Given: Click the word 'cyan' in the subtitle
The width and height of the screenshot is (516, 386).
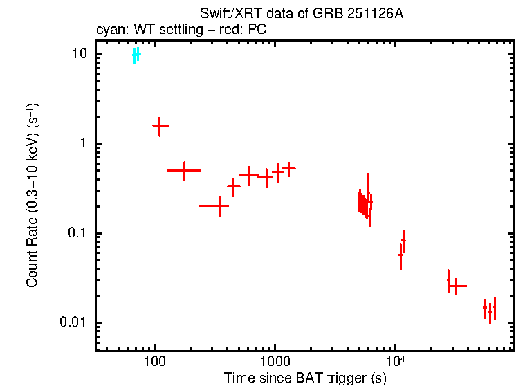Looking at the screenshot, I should (x=107, y=30).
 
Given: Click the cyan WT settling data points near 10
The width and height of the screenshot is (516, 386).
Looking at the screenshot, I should (x=136, y=55).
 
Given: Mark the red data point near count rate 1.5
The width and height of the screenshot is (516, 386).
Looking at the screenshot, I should (x=160, y=126).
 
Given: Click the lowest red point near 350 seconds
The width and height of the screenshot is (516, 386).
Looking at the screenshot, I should (x=219, y=205).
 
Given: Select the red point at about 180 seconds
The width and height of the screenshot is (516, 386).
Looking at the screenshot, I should (x=185, y=169).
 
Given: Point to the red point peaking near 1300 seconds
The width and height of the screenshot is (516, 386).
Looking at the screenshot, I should (x=288, y=168).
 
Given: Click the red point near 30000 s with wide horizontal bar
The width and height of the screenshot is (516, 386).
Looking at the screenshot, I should (x=456, y=286).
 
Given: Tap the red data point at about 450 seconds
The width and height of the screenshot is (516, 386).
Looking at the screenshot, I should (x=234, y=186).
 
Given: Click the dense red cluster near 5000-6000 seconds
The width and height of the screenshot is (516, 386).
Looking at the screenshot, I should (x=365, y=202).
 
